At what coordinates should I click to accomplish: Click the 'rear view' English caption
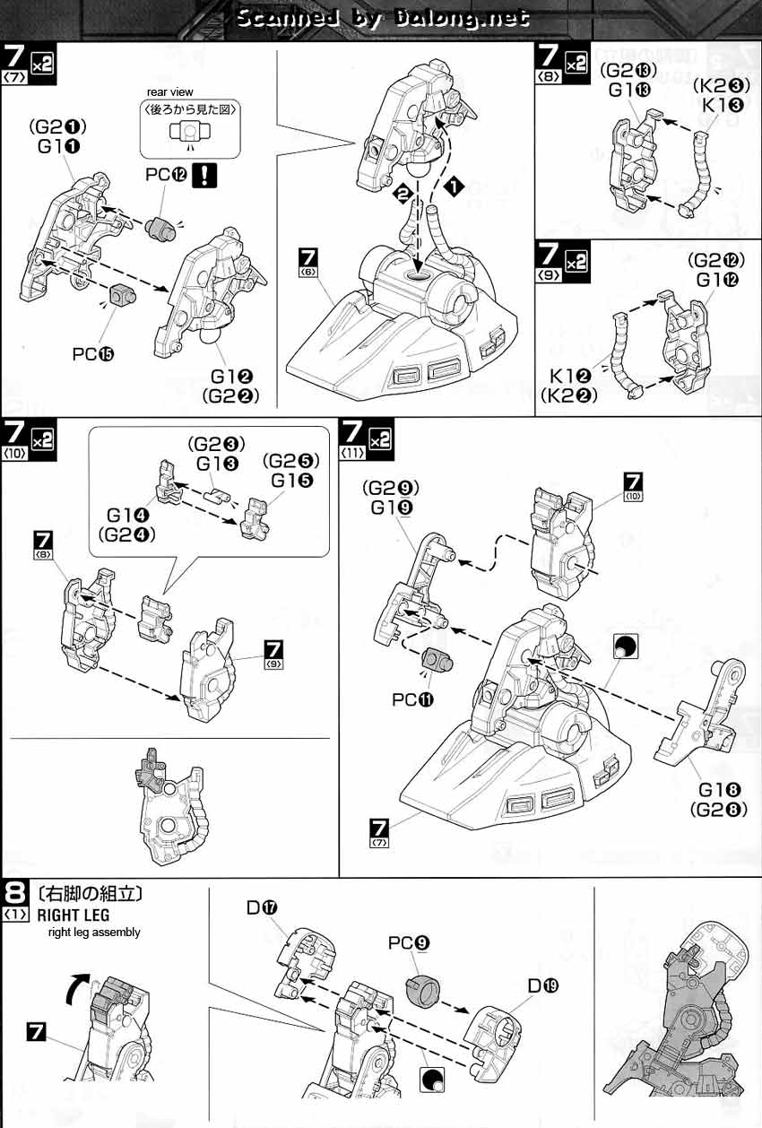click(x=170, y=92)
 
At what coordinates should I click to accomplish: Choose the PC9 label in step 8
click(x=410, y=942)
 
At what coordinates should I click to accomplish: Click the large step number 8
click(x=14, y=894)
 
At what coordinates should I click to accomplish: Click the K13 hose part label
click(x=723, y=105)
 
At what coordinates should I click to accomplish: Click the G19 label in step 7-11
click(x=390, y=508)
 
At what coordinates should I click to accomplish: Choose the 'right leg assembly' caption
click(x=94, y=933)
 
